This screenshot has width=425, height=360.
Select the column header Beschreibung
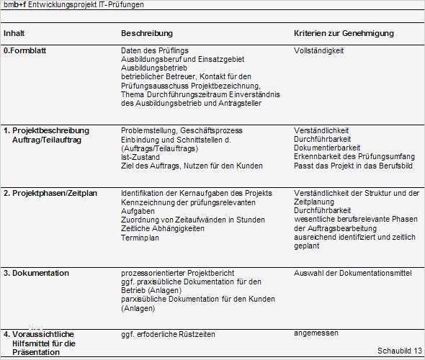147,34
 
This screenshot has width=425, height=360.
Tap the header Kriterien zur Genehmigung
344,34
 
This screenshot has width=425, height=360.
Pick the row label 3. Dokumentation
37,273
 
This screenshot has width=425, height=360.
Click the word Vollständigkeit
319,51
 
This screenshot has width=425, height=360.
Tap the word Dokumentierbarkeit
327,148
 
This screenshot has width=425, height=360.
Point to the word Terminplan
140,237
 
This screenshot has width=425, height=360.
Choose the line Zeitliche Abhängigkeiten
163,228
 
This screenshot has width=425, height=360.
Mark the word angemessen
316,333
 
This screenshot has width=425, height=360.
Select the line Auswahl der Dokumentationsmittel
353,273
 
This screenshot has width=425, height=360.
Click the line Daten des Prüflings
155,51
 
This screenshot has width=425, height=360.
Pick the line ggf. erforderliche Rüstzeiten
170,335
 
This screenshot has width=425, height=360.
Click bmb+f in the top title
15,4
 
